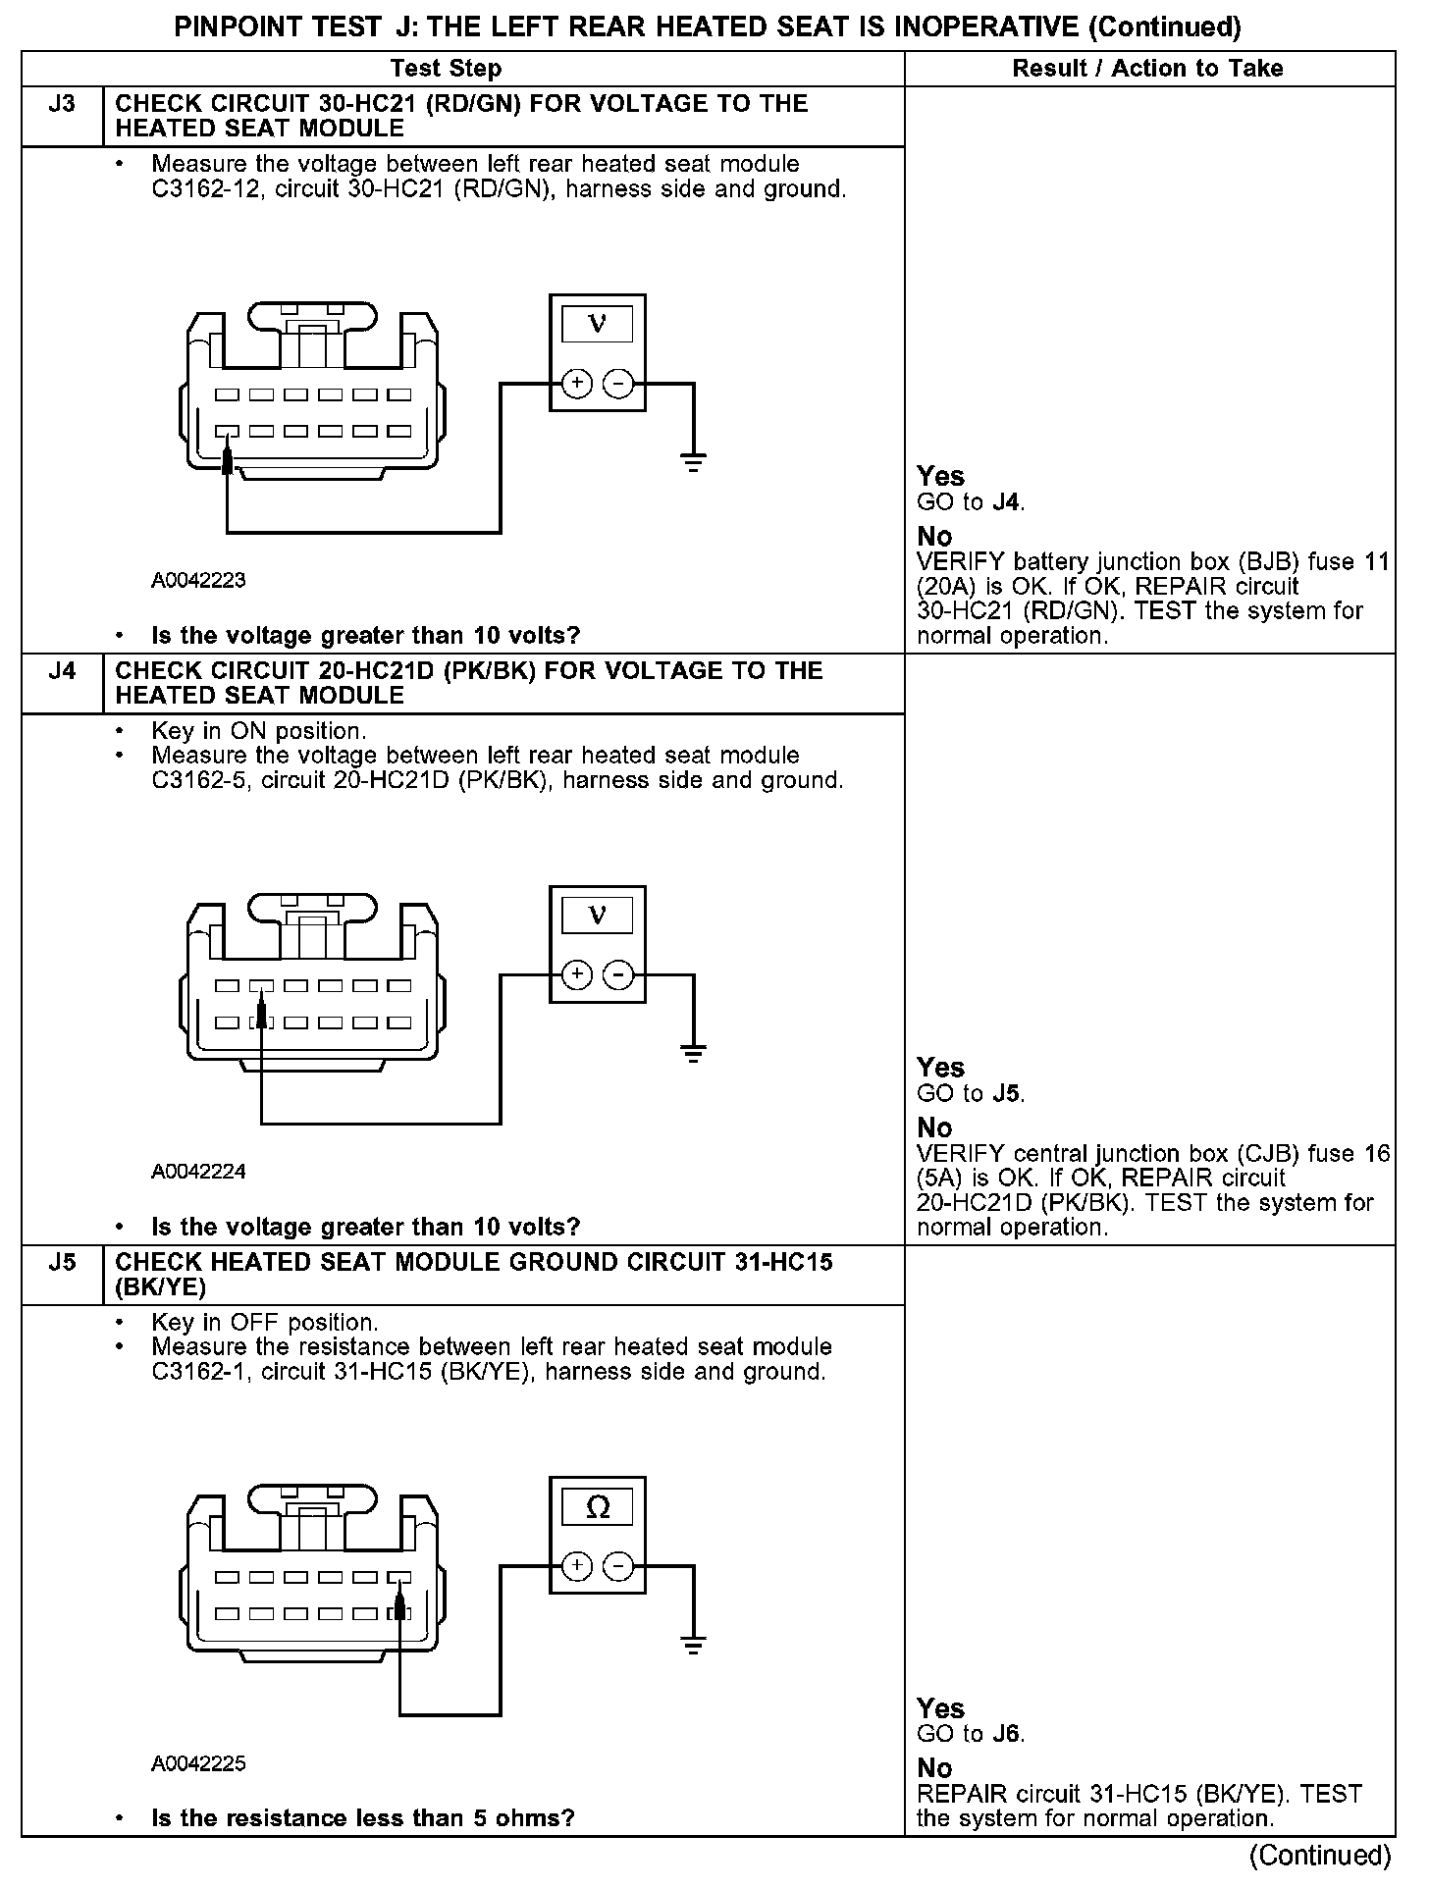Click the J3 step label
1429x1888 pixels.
tap(62, 104)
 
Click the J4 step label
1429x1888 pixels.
tap(62, 671)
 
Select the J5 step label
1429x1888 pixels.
tap(62, 1262)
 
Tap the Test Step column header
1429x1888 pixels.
tap(446, 69)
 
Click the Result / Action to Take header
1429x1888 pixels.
tap(1147, 69)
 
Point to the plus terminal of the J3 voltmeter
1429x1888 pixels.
tap(577, 384)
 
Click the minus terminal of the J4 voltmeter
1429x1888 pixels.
tap(617, 975)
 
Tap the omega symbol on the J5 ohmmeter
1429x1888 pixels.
tap(597, 1506)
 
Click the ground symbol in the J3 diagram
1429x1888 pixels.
tap(693, 462)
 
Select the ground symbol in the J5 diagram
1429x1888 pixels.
tap(693, 1646)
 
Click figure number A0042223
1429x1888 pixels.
tap(198, 580)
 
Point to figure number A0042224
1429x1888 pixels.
tap(198, 1171)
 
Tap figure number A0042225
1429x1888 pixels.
tap(198, 1763)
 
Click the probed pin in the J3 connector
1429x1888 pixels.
tap(228, 432)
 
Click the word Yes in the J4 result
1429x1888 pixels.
tap(940, 1068)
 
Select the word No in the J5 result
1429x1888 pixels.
tap(934, 1768)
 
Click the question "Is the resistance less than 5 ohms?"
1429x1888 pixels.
tap(363, 1818)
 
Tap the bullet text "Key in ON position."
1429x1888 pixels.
tap(259, 731)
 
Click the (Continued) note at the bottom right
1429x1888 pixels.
tap(1319, 1856)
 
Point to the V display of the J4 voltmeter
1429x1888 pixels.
tap(597, 915)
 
